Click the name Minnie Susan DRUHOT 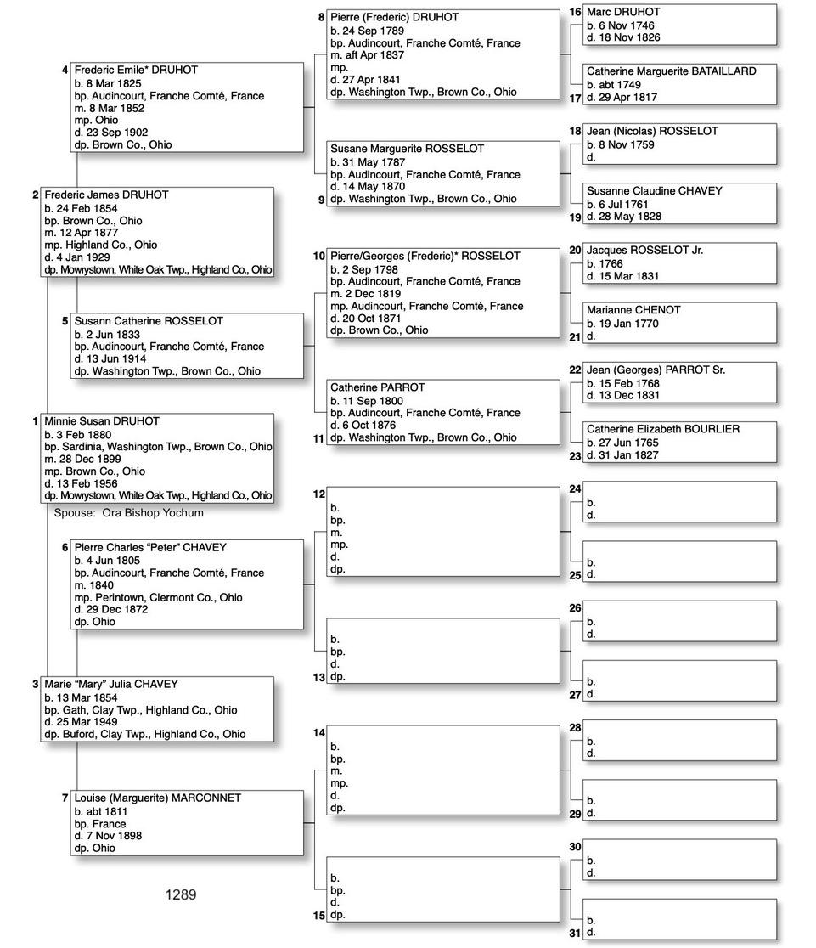(x=102, y=421)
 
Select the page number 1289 (x=181, y=894)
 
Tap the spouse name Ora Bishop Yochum (x=153, y=513)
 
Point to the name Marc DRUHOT (x=623, y=13)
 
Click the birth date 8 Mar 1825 (x=117, y=83)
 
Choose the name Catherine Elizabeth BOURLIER (x=662, y=430)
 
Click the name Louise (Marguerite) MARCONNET (x=157, y=798)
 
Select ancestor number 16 (x=575, y=13)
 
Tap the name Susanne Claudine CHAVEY (x=654, y=191)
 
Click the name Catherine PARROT (x=378, y=387)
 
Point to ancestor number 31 (x=575, y=933)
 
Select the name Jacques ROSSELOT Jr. (x=644, y=251)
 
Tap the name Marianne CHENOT (x=633, y=310)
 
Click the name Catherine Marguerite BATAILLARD (x=671, y=71)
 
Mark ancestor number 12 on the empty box (x=319, y=494)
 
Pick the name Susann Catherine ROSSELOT (x=149, y=321)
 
